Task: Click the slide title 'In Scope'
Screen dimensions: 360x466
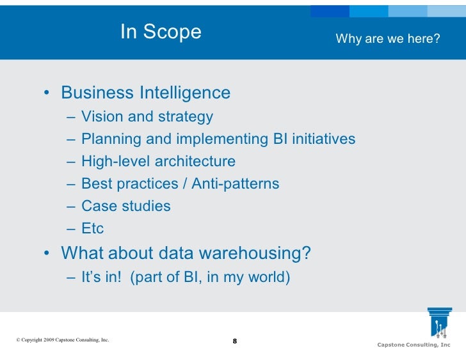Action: coord(161,32)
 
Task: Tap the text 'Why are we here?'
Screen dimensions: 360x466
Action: coord(388,39)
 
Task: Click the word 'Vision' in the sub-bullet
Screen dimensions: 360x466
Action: coord(102,117)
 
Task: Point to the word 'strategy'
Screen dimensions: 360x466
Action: coord(186,118)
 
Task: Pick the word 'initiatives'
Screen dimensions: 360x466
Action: coord(323,139)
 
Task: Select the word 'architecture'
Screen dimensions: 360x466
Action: coord(195,162)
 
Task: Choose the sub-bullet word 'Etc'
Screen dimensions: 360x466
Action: coord(93,229)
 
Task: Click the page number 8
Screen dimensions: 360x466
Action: coord(234,341)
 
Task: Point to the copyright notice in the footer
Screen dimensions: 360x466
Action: coord(62,340)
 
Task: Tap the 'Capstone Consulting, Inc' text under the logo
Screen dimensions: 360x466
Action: coord(414,345)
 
